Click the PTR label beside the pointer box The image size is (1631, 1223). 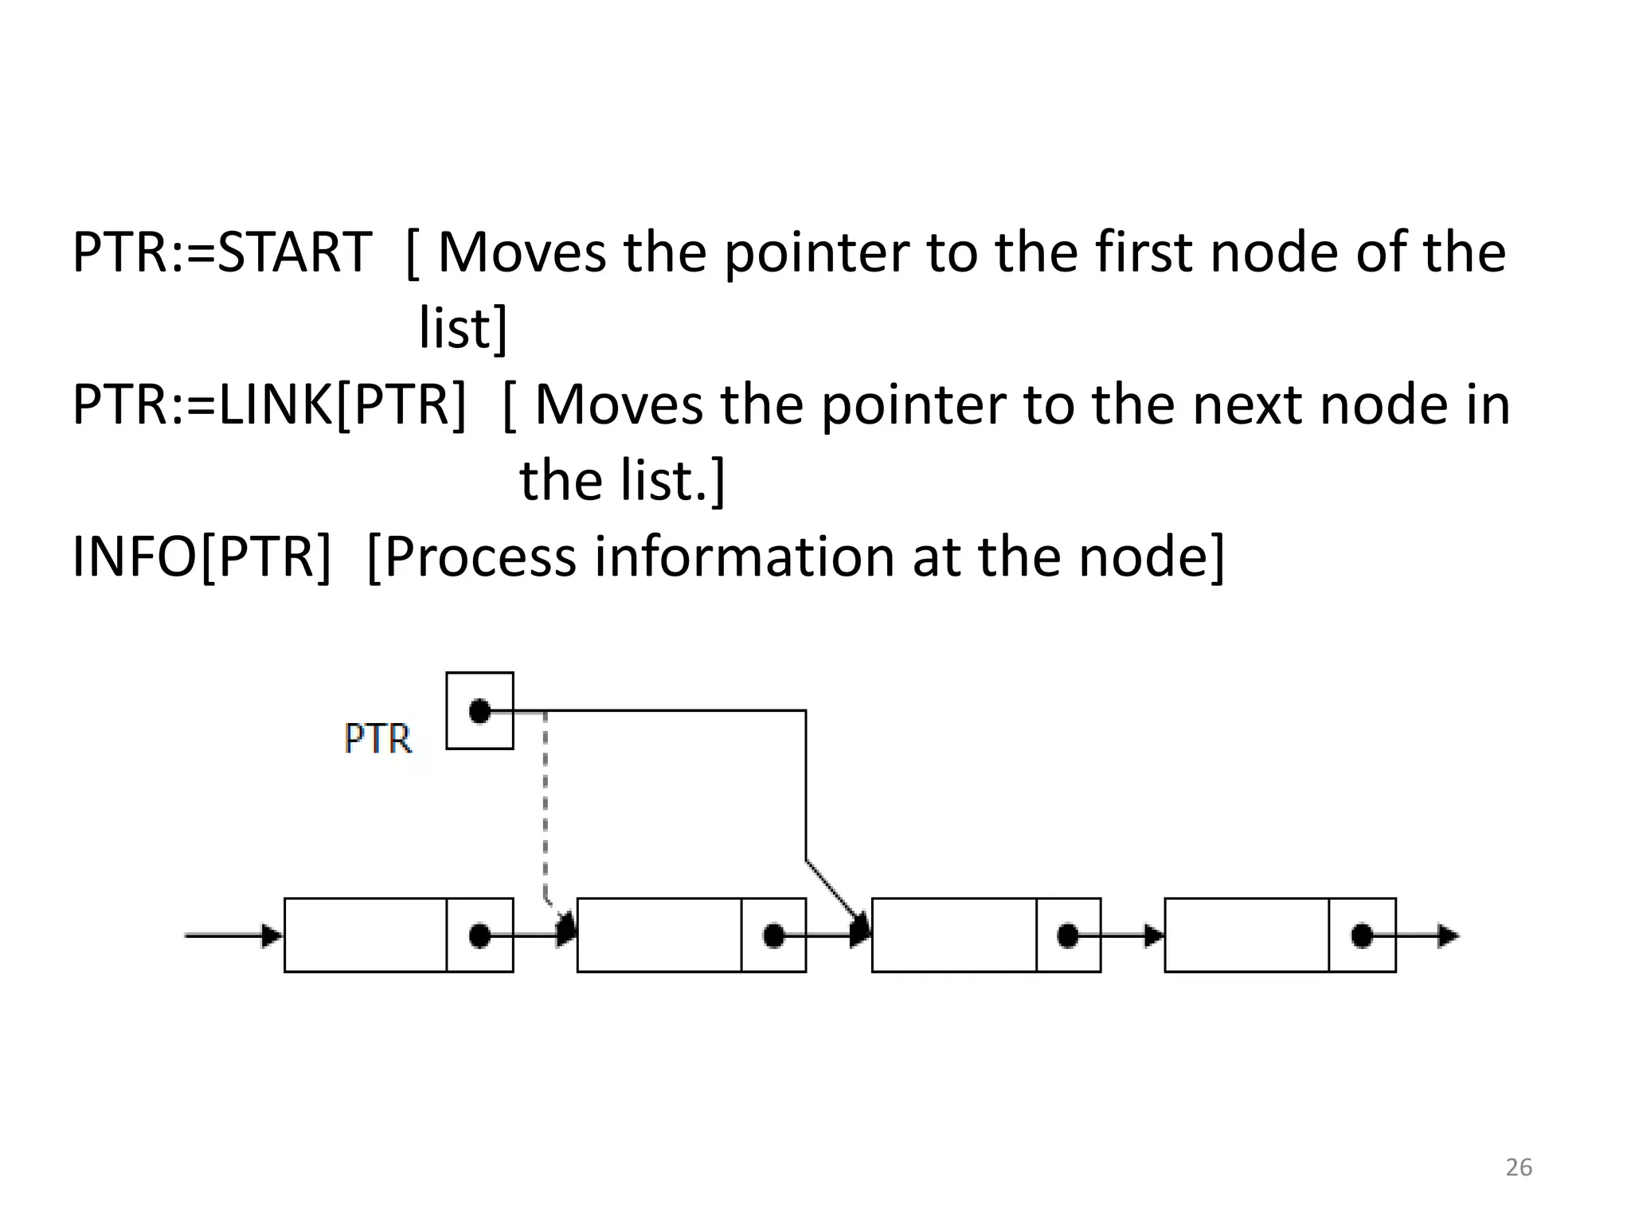[x=378, y=739]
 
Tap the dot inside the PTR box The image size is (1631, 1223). [x=479, y=710]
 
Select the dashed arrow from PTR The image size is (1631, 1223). [x=546, y=804]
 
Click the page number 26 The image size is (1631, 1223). [x=1519, y=1167]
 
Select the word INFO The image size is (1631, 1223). [x=134, y=557]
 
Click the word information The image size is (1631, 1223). [x=745, y=557]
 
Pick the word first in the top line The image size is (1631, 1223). [x=1144, y=252]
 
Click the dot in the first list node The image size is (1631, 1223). [x=479, y=936]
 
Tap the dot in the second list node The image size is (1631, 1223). [x=773, y=936]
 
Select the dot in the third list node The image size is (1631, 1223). [x=1068, y=936]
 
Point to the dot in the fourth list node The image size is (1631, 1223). [x=1362, y=936]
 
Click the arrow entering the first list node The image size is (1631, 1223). [x=235, y=936]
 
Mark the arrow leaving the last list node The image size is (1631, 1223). [x=1430, y=936]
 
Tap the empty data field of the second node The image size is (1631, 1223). [x=659, y=936]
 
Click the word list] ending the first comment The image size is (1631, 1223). [x=463, y=328]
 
